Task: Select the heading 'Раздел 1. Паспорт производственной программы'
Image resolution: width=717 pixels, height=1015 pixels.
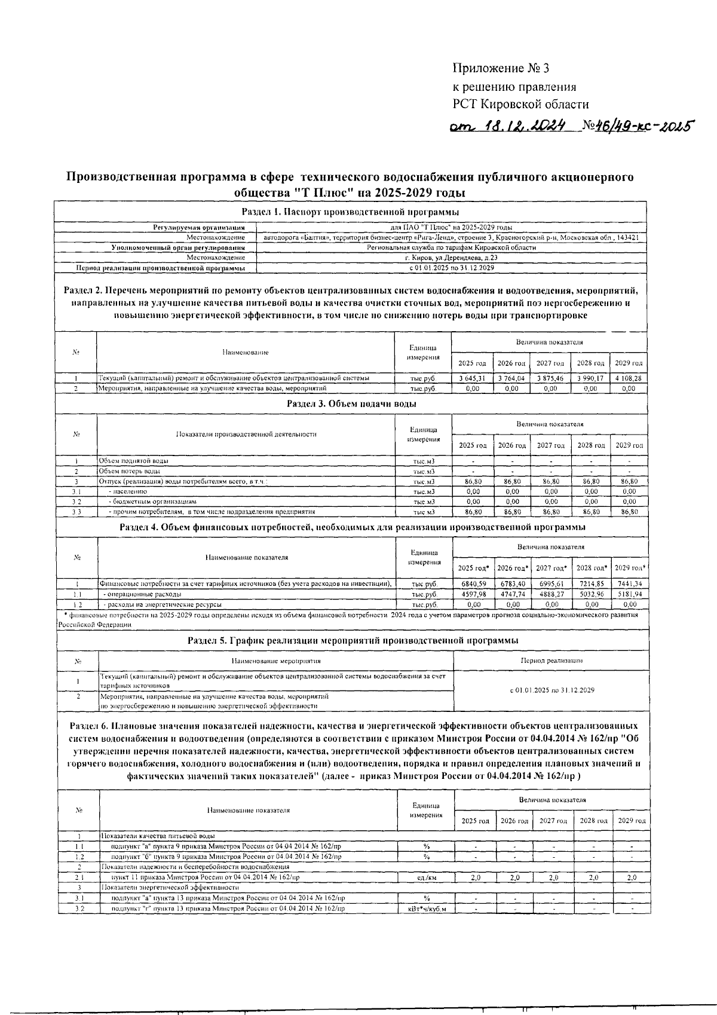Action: [350, 212]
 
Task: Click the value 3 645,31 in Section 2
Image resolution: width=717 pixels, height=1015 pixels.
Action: [471, 378]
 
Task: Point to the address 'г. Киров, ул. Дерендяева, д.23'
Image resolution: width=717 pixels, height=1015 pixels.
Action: [451, 258]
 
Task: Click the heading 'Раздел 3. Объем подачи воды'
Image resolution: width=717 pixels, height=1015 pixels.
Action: [351, 403]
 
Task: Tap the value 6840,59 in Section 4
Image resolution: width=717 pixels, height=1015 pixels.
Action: [473, 583]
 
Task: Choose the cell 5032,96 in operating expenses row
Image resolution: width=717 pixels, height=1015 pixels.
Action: [590, 594]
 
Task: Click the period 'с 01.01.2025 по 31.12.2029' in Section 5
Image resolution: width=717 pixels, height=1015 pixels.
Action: [551, 690]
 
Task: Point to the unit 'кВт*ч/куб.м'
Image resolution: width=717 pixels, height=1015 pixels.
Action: [427, 909]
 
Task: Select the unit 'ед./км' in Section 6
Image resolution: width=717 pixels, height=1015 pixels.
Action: [427, 878]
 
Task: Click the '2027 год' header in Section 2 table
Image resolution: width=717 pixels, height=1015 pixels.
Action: [550, 363]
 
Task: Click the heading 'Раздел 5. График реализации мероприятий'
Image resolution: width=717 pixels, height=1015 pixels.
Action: [353, 640]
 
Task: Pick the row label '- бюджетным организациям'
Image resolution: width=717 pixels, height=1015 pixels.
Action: [152, 502]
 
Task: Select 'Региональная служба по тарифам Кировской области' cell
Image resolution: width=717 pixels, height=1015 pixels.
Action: [451, 247]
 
